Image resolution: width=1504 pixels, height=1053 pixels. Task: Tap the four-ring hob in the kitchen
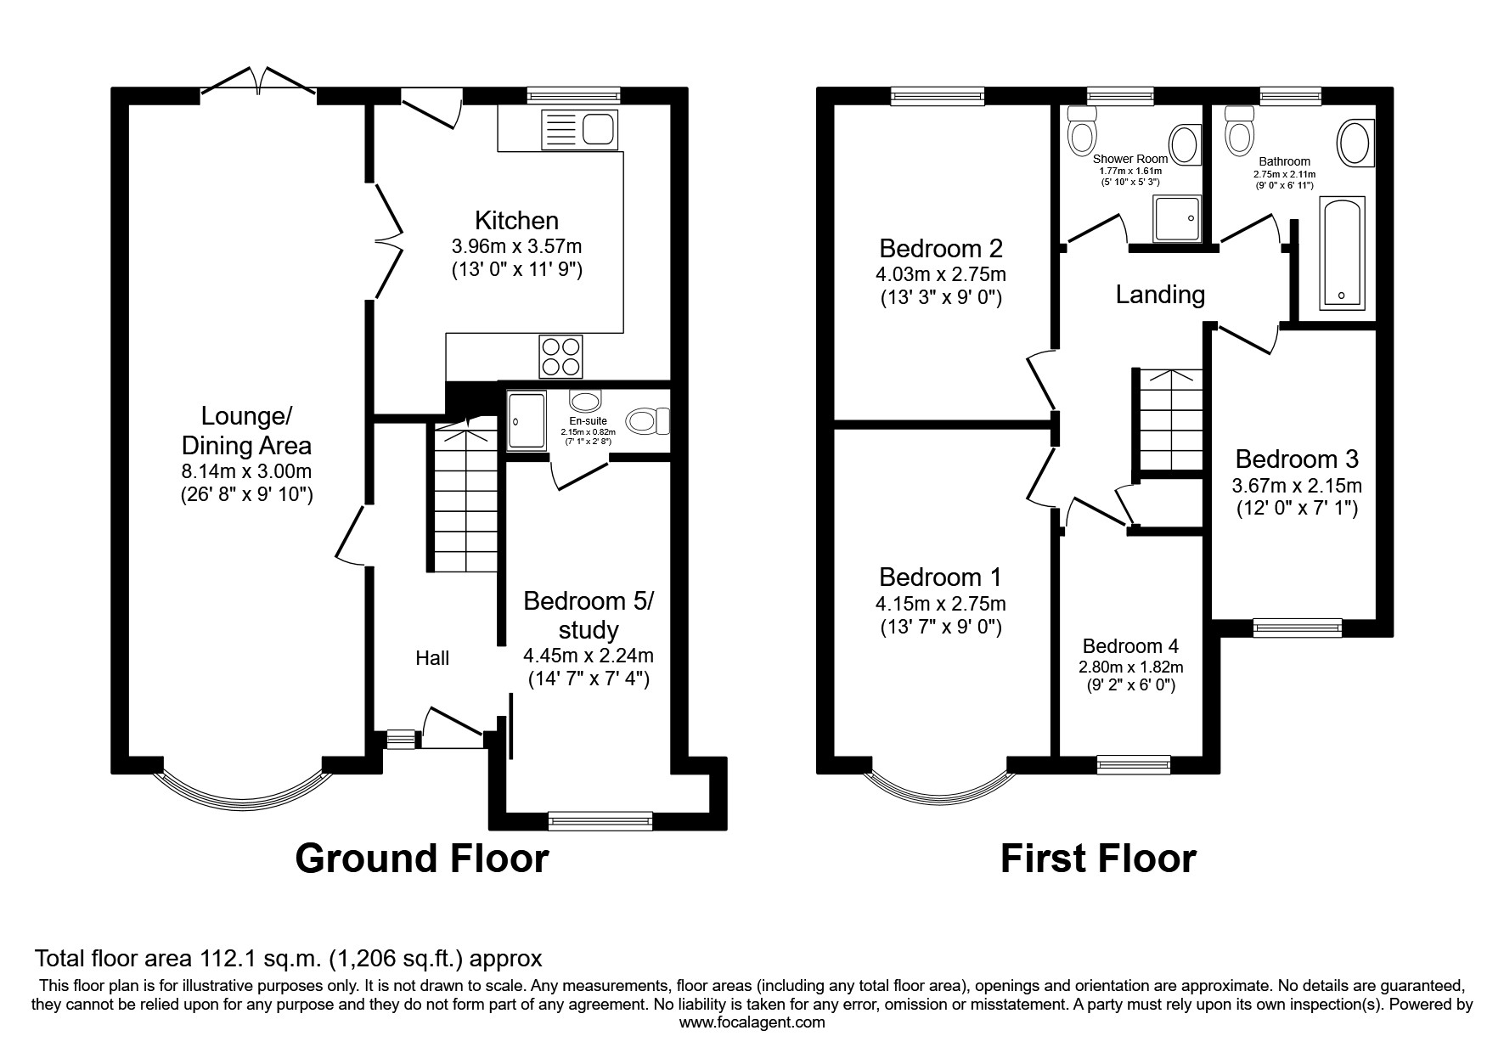coord(561,357)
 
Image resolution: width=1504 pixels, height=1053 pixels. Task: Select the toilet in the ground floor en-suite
coord(648,420)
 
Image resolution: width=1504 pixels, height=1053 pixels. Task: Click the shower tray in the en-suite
coord(527,420)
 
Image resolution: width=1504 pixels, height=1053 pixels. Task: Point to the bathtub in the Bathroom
coord(1342,252)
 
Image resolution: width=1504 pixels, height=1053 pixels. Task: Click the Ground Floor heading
coord(421,858)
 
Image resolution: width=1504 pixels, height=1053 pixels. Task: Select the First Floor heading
coord(1097,858)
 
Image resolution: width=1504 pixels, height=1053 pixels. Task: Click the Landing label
coord(1159,295)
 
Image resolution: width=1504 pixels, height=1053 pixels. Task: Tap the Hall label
coord(432,658)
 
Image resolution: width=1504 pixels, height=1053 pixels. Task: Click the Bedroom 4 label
coord(1129,646)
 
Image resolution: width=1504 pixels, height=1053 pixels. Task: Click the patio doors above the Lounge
coord(259,82)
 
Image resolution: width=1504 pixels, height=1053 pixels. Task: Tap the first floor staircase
coord(1170,420)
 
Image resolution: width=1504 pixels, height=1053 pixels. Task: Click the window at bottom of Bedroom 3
coord(1297,628)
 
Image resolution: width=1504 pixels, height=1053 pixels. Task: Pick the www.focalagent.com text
coord(752,1022)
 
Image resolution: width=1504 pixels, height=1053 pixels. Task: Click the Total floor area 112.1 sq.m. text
coord(288,960)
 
